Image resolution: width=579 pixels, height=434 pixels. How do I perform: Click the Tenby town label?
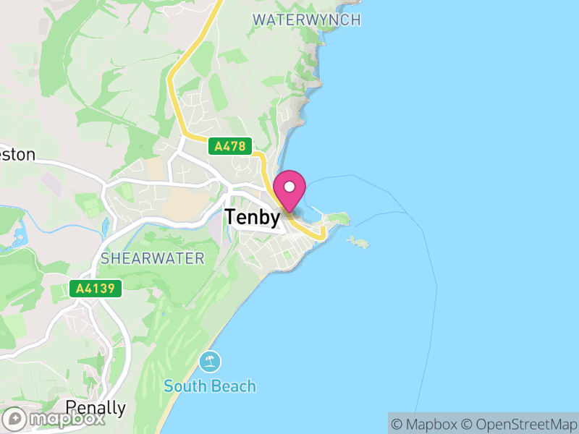pos(252,217)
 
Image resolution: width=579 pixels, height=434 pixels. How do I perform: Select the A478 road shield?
pos(229,147)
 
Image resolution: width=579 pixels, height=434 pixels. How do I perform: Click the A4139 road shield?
pos(96,289)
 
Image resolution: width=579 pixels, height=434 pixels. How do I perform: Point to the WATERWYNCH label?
pos(306,20)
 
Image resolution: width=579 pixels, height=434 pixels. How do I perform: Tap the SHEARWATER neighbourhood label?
pos(153,258)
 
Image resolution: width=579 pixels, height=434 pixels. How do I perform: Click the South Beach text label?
pos(210,386)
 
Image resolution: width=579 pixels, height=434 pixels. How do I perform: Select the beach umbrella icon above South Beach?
pos(210,361)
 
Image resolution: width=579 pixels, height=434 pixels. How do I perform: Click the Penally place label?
pos(96,407)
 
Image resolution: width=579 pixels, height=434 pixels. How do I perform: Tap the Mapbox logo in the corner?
pos(55,418)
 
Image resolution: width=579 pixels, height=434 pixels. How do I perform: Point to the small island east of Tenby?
pos(358,242)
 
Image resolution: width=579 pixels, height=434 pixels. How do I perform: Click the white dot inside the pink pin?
pos(290,187)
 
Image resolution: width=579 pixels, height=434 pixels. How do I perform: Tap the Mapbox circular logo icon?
pos(14,419)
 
